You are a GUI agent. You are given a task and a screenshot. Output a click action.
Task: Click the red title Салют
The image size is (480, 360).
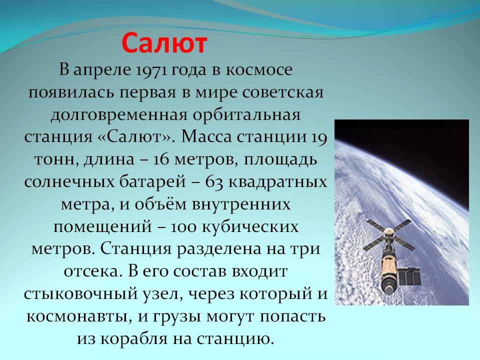click(x=164, y=43)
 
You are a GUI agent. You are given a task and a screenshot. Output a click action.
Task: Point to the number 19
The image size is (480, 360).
click(x=319, y=137)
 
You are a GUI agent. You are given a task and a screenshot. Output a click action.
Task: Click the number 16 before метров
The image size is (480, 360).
click(x=161, y=160)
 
